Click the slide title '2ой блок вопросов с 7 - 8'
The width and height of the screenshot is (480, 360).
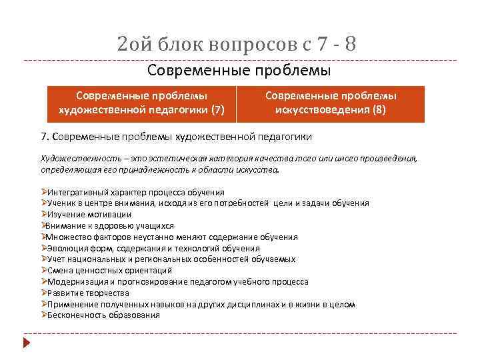click(x=236, y=45)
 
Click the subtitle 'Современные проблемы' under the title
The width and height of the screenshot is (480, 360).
click(x=239, y=70)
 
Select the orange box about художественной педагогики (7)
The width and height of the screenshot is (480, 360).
click(x=142, y=103)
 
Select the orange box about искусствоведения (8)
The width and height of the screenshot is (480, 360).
click(x=331, y=103)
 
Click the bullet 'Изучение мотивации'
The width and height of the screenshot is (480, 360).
click(x=89, y=214)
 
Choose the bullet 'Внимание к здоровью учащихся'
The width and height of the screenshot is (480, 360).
click(x=111, y=225)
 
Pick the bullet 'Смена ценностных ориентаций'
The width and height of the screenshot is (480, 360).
click(x=109, y=270)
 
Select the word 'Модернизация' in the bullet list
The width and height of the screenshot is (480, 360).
click(x=74, y=281)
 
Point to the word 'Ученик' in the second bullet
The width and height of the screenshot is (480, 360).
click(x=61, y=203)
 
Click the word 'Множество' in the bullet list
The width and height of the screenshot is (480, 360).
click(x=68, y=237)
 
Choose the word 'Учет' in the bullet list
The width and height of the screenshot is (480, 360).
click(x=57, y=259)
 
